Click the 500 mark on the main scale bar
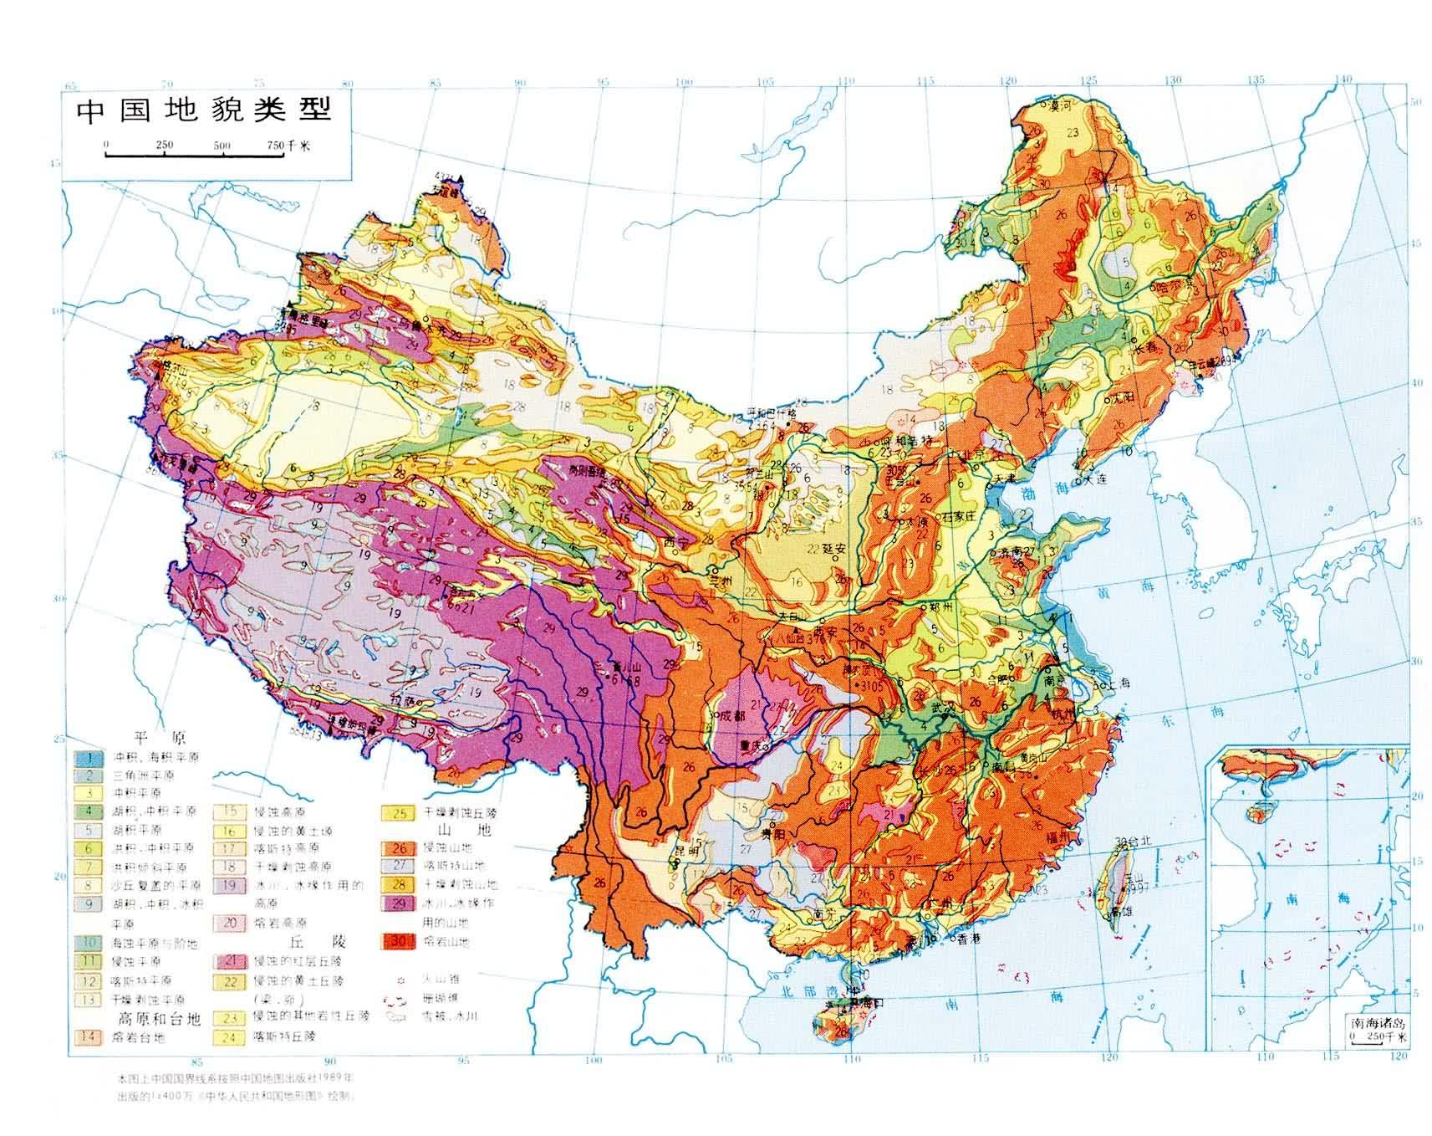222,146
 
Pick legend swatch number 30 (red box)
399,940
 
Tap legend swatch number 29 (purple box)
399,903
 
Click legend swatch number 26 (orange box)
399,847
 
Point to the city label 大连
1096,480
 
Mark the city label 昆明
686,852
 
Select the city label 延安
835,550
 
